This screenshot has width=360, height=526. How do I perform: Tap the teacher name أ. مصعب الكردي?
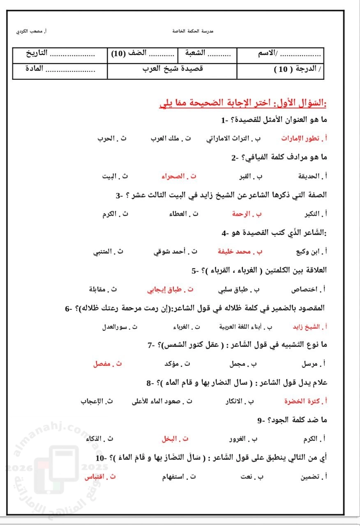pos(31,31)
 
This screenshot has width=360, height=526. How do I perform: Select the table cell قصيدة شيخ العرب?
pos(173,69)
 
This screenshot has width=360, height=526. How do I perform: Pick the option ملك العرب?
pos(168,138)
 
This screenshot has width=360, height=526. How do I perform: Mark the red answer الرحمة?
pos(244,214)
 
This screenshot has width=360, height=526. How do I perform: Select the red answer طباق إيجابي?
pos(167,289)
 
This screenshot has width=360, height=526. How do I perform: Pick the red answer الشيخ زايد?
pos(306,327)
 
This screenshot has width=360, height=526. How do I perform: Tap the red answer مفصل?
pos(105,364)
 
